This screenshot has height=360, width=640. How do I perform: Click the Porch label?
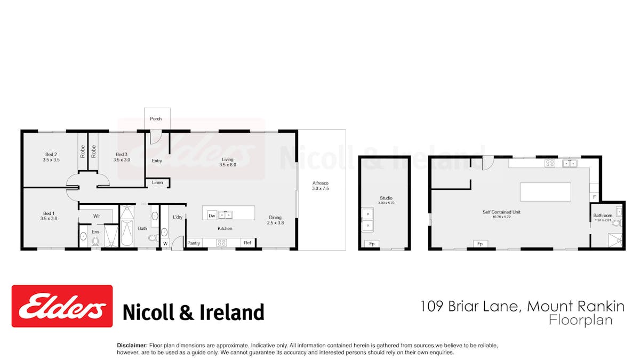(x=156, y=118)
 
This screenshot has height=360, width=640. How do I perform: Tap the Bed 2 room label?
(x=51, y=157)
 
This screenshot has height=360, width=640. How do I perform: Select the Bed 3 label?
(x=122, y=157)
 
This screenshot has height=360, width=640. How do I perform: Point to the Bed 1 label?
(x=49, y=216)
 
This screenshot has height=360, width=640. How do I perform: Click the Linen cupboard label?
(x=157, y=182)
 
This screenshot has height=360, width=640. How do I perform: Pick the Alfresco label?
(x=321, y=186)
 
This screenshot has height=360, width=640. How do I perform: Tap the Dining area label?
(x=275, y=220)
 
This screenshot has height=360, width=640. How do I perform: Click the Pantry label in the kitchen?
(x=194, y=243)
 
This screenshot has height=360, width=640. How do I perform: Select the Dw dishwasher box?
(x=212, y=215)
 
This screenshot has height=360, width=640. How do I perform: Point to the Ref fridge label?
(x=247, y=243)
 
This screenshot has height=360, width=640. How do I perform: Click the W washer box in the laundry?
(x=165, y=244)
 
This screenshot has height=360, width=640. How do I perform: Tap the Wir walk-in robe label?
(x=97, y=216)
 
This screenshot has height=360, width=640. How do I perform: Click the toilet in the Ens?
(x=95, y=242)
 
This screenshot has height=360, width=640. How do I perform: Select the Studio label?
(x=386, y=198)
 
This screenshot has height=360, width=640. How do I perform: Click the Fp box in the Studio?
(x=372, y=244)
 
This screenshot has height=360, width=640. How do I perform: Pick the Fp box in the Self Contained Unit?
(x=481, y=244)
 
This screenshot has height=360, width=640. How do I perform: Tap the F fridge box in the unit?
(x=594, y=197)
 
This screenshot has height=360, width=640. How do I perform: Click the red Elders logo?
(x=62, y=306)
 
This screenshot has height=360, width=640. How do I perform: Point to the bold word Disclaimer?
(x=132, y=346)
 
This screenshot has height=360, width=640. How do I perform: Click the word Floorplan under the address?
(x=581, y=321)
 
